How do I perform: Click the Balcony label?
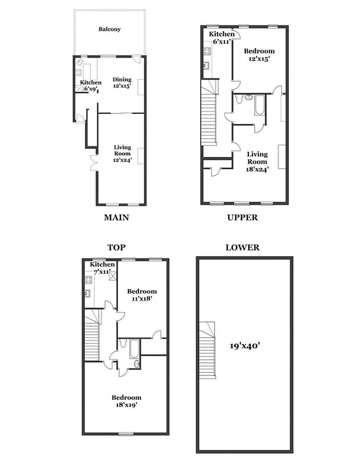click(x=109, y=29)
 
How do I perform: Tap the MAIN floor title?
click(x=116, y=218)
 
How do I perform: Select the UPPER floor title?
click(x=242, y=218)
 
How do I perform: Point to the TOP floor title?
click(x=117, y=247)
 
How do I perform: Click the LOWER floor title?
click(x=242, y=248)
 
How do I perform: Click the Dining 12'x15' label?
click(x=122, y=83)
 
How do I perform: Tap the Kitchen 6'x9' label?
click(x=91, y=85)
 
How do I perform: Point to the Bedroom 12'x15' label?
click(x=259, y=55)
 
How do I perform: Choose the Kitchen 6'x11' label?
click(x=222, y=38)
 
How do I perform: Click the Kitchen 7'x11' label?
click(x=102, y=268)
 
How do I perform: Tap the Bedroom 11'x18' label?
click(x=142, y=295)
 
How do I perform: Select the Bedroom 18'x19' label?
click(x=125, y=402)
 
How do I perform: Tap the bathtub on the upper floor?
click(x=259, y=106)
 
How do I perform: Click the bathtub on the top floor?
click(x=134, y=350)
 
